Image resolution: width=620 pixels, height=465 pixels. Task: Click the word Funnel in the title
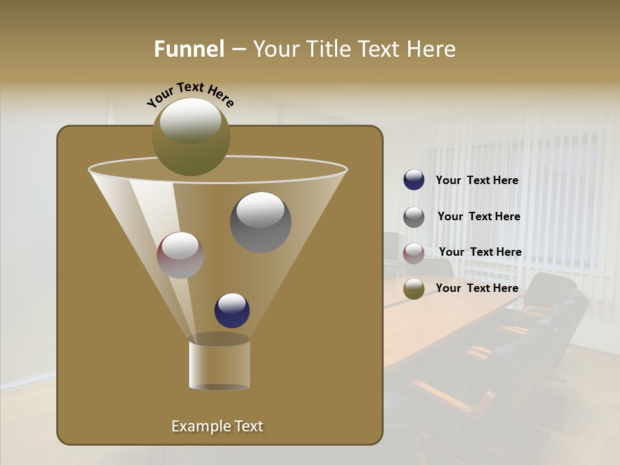tap(189, 49)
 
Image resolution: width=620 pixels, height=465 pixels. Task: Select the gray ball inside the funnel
tap(261, 222)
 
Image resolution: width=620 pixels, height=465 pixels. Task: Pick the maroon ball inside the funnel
tap(180, 255)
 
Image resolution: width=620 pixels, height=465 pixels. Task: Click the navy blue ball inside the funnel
tap(232, 311)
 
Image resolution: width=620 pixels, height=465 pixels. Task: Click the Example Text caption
tap(217, 426)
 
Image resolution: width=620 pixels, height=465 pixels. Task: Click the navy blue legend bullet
tap(414, 180)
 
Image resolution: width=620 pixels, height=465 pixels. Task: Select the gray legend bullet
tap(414, 217)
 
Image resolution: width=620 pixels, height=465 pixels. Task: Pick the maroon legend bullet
tap(414, 253)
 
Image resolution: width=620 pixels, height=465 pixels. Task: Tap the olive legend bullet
tap(414, 289)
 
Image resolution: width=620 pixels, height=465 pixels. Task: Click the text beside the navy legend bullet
tap(477, 181)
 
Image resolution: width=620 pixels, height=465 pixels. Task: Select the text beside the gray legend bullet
tap(479, 217)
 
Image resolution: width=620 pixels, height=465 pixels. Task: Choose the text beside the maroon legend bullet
tap(480, 253)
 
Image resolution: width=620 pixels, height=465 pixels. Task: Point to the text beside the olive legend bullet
tap(477, 288)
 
